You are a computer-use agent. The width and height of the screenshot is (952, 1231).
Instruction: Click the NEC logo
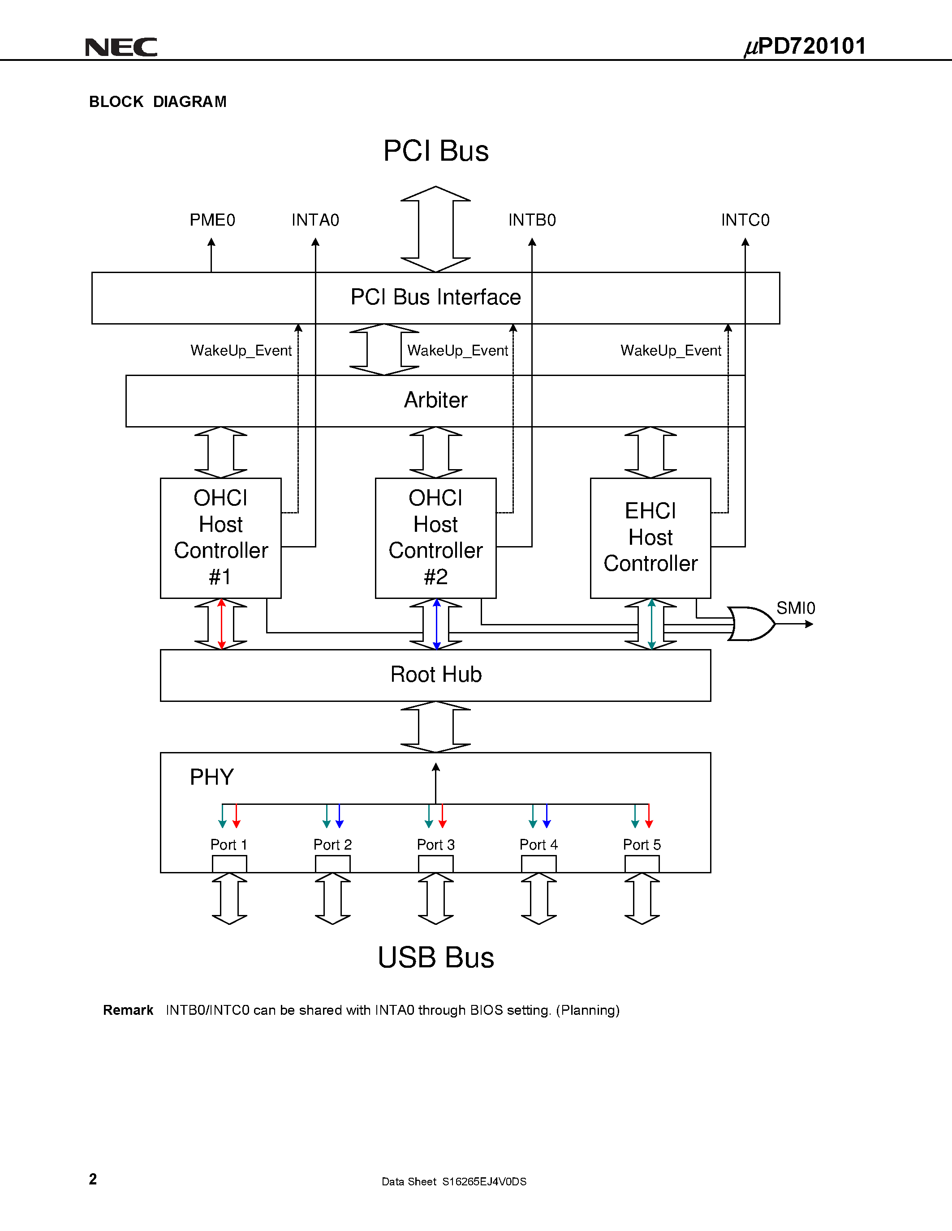pyautogui.click(x=121, y=47)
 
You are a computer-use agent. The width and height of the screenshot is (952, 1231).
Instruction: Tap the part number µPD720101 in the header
pyautogui.click(x=806, y=46)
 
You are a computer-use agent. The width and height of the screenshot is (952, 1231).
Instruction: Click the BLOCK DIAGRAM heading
pyautogui.click(x=158, y=102)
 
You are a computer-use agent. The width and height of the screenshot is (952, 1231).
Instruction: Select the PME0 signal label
pyautogui.click(x=212, y=220)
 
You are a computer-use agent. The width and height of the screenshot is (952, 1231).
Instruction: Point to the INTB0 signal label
pyautogui.click(x=532, y=220)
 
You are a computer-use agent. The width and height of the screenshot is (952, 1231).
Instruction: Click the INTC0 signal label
pyautogui.click(x=745, y=220)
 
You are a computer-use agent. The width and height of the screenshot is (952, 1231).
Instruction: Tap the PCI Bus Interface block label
pyautogui.click(x=435, y=297)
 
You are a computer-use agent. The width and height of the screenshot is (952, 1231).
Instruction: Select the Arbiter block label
pyautogui.click(x=435, y=400)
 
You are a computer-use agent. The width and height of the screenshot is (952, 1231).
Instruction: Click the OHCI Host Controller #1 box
pyautogui.click(x=220, y=538)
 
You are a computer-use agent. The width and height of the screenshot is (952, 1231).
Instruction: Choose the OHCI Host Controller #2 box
pyautogui.click(x=435, y=538)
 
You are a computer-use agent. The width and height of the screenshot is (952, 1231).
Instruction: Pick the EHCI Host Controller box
pyautogui.click(x=650, y=538)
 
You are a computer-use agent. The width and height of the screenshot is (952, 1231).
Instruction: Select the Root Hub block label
pyautogui.click(x=435, y=674)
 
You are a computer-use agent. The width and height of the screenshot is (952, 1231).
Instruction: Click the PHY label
pyautogui.click(x=211, y=777)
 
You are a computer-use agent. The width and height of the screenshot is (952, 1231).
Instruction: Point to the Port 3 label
pyautogui.click(x=435, y=844)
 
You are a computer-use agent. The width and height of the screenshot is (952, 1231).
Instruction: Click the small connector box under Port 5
pyautogui.click(x=642, y=863)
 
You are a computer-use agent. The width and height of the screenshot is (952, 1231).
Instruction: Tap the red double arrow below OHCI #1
pyautogui.click(x=221, y=624)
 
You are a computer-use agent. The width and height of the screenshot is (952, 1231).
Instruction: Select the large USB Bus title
pyautogui.click(x=435, y=957)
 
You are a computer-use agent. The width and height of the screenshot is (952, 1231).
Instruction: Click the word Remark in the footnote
pyautogui.click(x=128, y=1010)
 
